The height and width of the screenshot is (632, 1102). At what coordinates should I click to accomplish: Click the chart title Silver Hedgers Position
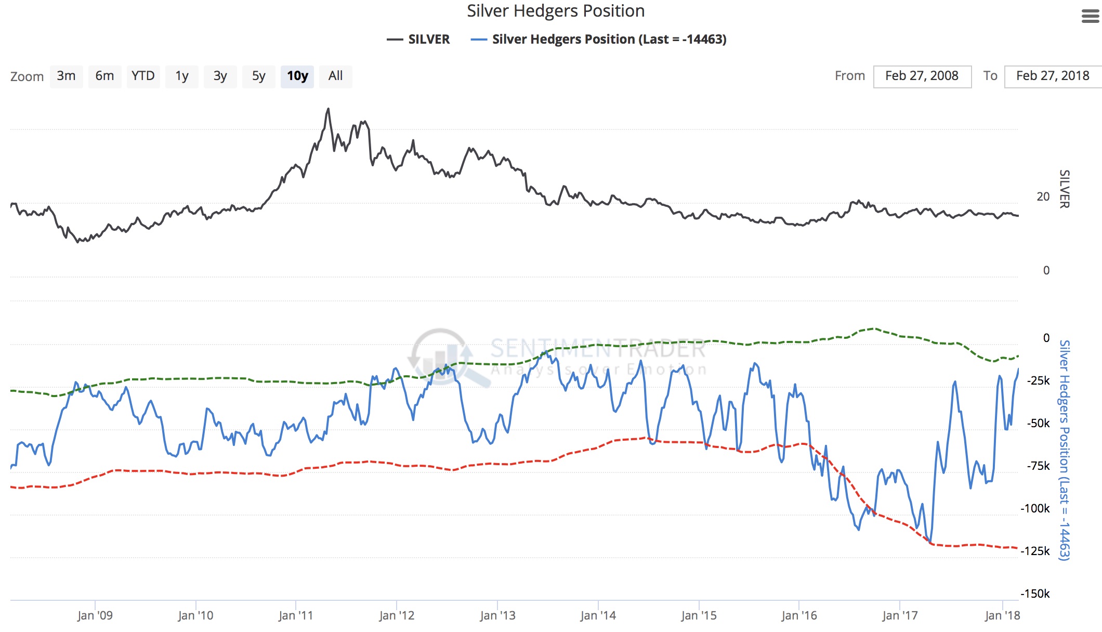555,11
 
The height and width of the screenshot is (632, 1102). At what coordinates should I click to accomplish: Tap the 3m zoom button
66,76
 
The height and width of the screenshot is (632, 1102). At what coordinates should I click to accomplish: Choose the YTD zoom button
143,76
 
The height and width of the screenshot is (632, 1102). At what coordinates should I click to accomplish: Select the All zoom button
335,76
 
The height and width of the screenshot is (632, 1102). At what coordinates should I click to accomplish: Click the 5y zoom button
258,76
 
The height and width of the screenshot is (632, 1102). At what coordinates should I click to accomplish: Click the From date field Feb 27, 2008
922,76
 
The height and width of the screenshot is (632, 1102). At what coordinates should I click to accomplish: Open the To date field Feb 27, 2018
1053,76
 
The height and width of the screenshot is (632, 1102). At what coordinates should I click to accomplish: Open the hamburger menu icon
1090,17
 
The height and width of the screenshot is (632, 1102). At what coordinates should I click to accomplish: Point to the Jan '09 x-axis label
95,616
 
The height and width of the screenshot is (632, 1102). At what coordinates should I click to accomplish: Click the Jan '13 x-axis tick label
497,616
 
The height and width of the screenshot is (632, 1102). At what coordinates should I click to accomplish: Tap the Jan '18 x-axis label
1002,616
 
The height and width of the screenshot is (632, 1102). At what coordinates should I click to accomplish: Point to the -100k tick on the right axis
1035,509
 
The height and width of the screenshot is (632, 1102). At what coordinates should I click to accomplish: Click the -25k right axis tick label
1038,381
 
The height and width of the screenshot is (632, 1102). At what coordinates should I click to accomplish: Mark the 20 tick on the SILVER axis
1043,197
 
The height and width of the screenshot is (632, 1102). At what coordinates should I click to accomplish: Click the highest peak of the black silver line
328,109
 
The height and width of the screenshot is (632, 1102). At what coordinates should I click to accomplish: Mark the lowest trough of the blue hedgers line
930,542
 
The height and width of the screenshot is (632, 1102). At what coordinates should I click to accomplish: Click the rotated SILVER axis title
1065,189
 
